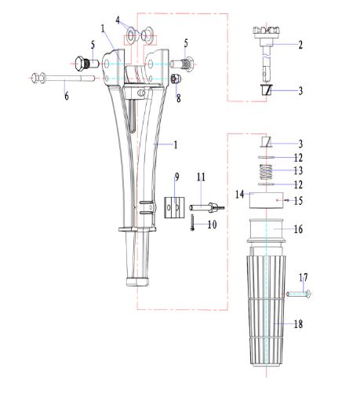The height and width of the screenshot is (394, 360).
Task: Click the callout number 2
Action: pyautogui.click(x=300, y=45)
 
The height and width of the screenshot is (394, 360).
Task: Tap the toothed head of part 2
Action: pyautogui.click(x=266, y=30)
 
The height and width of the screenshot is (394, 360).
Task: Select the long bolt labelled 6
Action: pyautogui.click(x=63, y=78)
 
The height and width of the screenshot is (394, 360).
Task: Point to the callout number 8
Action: pyautogui.click(x=178, y=98)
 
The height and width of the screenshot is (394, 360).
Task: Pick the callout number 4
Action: pyautogui.click(x=118, y=20)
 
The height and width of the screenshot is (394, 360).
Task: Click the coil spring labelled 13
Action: pyautogui.click(x=266, y=172)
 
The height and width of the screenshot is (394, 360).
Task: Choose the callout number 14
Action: pyautogui.click(x=239, y=195)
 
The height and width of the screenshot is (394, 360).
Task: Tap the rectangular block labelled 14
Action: pyautogui.click(x=266, y=201)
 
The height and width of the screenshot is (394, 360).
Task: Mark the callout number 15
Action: pyautogui.click(x=298, y=201)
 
